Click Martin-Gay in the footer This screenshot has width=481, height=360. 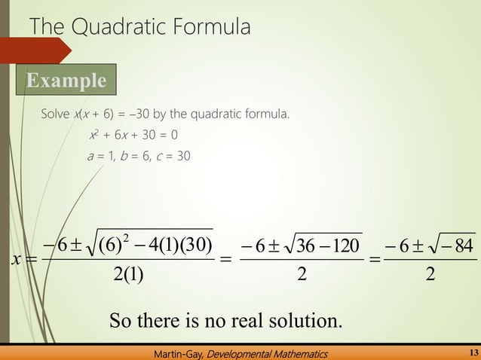pyautogui.click(x=177, y=352)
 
